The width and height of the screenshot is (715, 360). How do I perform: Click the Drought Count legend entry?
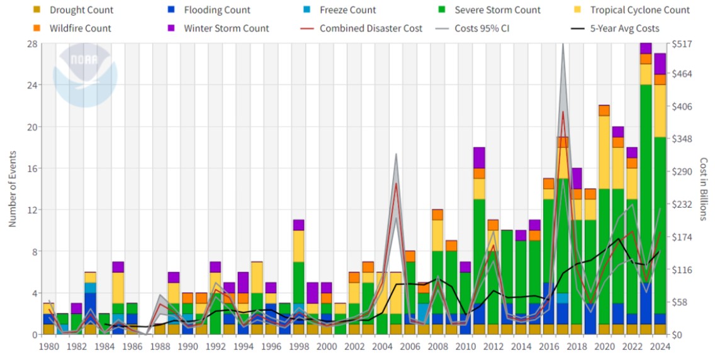click(x=81, y=10)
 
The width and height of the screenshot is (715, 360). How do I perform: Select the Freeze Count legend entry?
click(x=347, y=10)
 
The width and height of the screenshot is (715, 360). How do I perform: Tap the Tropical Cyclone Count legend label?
click(x=639, y=10)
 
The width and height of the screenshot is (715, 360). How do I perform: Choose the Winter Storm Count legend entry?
click(x=226, y=28)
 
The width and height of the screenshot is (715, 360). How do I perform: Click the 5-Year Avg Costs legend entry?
click(x=624, y=28)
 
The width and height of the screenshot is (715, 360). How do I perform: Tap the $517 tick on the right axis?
click(x=682, y=44)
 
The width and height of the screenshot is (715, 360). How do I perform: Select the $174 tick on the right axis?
click(x=682, y=237)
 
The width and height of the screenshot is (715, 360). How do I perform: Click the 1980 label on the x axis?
click(x=48, y=346)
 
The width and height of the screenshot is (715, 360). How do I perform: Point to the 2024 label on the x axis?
click(x=660, y=346)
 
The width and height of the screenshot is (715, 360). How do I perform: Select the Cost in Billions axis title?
click(x=704, y=189)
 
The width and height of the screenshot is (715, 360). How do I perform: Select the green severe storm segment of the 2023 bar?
click(x=646, y=189)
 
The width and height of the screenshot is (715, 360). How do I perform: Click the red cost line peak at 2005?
click(x=396, y=183)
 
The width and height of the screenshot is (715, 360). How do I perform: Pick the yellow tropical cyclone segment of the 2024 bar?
click(x=660, y=111)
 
